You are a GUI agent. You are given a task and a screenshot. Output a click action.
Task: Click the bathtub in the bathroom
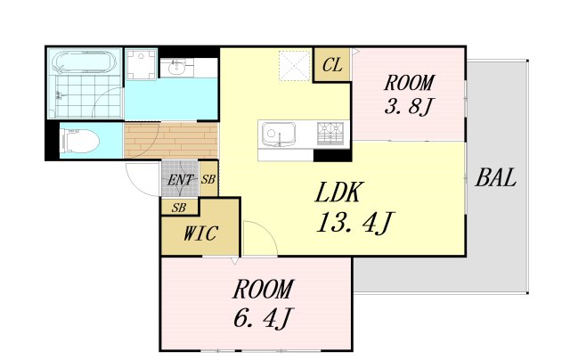pos(85,61)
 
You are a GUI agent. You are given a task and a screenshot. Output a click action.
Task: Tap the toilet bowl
pos(81,141)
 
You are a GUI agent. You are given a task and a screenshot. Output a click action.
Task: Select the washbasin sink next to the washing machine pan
pos(177,68)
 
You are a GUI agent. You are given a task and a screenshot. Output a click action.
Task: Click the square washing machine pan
pos(142,64)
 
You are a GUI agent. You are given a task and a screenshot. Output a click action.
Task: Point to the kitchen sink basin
pos(278,134)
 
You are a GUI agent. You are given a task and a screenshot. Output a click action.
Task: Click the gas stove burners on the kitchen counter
pos(330,134)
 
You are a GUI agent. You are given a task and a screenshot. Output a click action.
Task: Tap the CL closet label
pos(332,65)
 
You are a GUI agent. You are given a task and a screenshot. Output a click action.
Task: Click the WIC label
pos(200,233)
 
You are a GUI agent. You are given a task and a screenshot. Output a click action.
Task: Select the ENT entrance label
pos(180,180)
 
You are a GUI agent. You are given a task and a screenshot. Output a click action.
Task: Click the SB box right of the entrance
pos(208,179)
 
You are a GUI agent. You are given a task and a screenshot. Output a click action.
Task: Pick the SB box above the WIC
pos(179,208)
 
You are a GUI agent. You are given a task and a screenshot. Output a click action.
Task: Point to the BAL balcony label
pos(496,178)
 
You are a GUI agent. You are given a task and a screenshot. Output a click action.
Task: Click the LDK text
pos(338,192)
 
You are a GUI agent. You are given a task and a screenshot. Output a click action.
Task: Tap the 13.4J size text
pos(354,223)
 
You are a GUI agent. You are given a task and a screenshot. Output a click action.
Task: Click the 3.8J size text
pos(409,106)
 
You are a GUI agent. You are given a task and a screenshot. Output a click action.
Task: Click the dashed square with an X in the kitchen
pos(295,66)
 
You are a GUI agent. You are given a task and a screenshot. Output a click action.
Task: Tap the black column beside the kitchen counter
pos(332,156)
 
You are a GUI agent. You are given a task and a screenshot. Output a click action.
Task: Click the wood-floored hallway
pos(171,141)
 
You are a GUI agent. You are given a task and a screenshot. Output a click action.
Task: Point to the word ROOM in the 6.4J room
pos(263,290)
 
